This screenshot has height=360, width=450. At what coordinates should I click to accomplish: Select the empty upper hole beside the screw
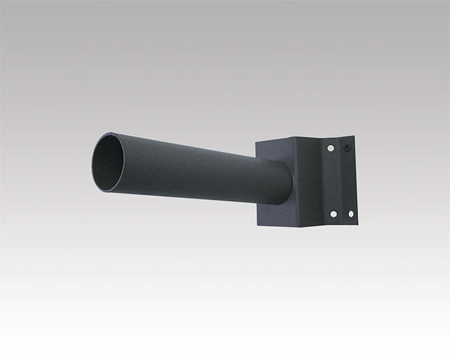click(x=330, y=148)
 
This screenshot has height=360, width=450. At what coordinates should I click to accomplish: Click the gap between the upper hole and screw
click(x=339, y=148)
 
